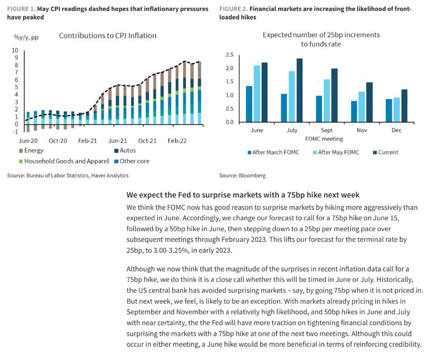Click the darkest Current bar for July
(x=300, y=90)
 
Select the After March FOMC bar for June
(x=249, y=104)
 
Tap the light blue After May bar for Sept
(x=327, y=101)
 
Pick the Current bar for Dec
(x=404, y=106)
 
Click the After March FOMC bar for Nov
(x=354, y=112)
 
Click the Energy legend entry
(x=31, y=151)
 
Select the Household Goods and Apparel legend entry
(x=64, y=161)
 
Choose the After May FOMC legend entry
(x=336, y=153)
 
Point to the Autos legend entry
(x=125, y=151)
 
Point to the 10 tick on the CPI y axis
(x=15, y=50)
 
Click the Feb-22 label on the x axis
(x=177, y=141)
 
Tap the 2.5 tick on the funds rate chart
(x=230, y=54)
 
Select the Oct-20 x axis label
(x=58, y=141)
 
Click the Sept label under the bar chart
(x=327, y=130)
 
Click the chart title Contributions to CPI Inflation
(x=107, y=36)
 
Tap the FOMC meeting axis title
(x=324, y=139)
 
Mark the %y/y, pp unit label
(x=27, y=37)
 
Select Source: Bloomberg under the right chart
(x=242, y=176)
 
